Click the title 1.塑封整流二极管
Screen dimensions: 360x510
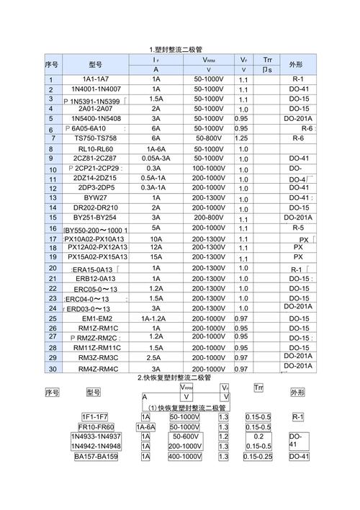(x=176, y=50)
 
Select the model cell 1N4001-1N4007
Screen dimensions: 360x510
(x=96, y=89)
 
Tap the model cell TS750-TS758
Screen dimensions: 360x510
(x=96, y=138)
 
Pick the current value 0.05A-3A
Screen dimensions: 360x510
(x=156, y=158)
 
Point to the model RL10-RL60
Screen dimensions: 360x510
(x=96, y=148)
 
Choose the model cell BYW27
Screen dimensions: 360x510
(x=96, y=197)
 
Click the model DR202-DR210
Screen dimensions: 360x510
(x=96, y=207)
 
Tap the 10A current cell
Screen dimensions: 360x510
(x=156, y=238)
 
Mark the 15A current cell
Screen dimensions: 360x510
(x=156, y=256)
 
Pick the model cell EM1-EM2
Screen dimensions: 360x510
(x=96, y=318)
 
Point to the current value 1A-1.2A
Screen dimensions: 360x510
(x=156, y=318)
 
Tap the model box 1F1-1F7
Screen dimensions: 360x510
(x=95, y=417)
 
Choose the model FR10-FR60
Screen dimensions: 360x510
(x=96, y=427)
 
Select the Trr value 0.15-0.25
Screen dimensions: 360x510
(x=258, y=457)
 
